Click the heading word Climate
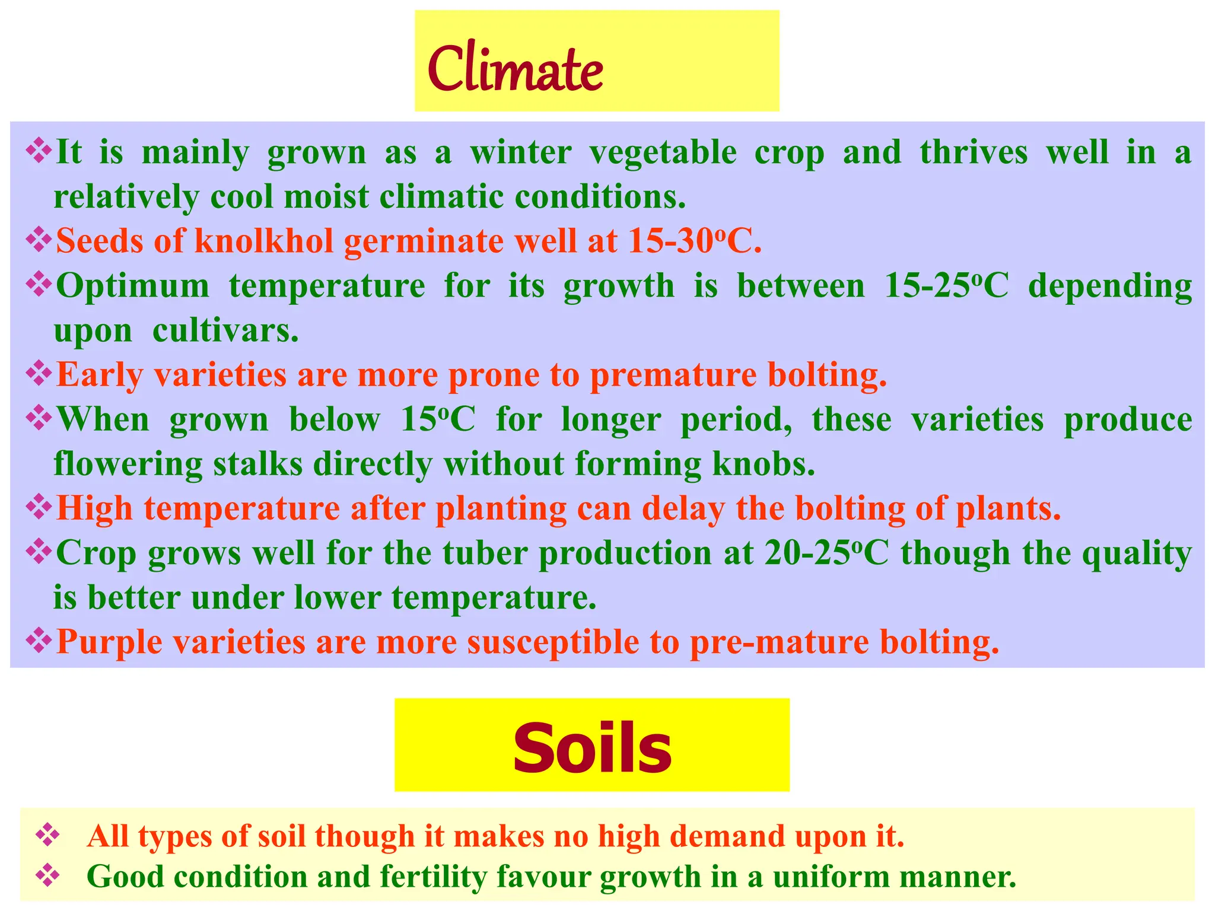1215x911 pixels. point(515,69)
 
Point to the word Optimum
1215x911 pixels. point(133,286)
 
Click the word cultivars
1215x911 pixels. point(225,330)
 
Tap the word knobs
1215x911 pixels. point(764,464)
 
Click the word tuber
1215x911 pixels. point(485,553)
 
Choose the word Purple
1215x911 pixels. point(109,642)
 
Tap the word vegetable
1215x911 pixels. point(663,152)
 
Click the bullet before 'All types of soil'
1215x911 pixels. point(47,836)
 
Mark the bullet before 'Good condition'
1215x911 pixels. point(47,875)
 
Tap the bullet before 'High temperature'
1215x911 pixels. point(39,508)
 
